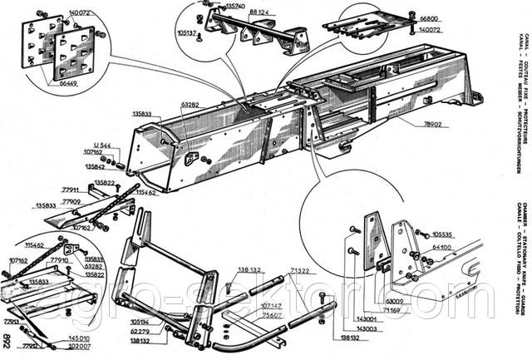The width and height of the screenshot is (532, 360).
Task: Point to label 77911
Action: coord(71,190)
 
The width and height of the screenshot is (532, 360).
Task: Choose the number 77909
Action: coord(74,201)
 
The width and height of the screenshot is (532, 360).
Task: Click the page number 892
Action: coord(7,340)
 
